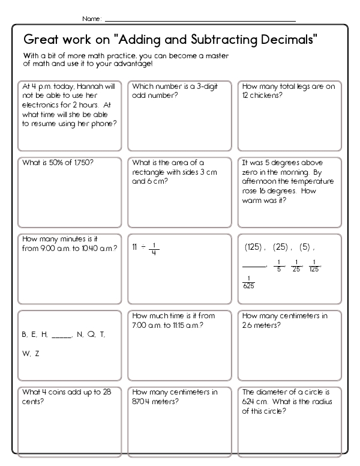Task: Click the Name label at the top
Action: click(x=91, y=19)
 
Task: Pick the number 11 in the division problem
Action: click(x=135, y=247)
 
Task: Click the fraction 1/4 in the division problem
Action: click(x=154, y=247)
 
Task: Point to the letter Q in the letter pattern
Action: click(x=91, y=334)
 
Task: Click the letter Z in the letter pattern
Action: click(x=37, y=354)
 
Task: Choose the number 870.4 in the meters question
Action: click(x=143, y=402)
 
